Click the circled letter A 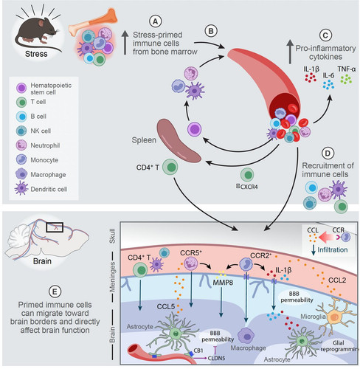coord(156,21)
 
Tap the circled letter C coord(325,35)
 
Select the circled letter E coord(55,292)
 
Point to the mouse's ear coord(41,24)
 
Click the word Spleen coord(144,140)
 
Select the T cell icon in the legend coord(21,102)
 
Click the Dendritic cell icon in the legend coord(21,189)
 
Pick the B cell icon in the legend coord(21,117)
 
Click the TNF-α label coord(347,69)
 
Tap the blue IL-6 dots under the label coord(328,84)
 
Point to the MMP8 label coord(223,282)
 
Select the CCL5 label coord(166,306)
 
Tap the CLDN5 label coord(216,358)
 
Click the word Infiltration coord(333,250)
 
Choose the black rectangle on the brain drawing coord(55,227)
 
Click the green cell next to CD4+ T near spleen coord(170,167)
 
